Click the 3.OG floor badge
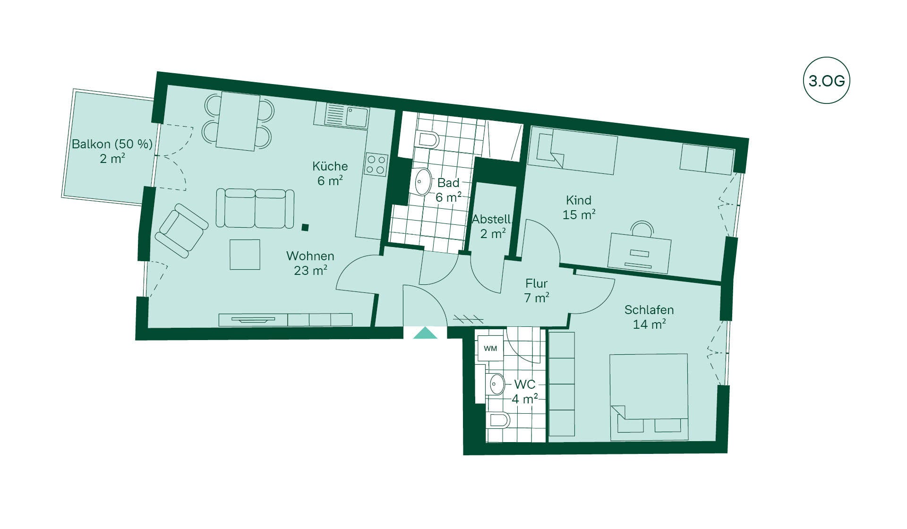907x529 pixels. point(826,81)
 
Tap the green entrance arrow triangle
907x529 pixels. point(425,333)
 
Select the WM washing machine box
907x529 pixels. point(490,349)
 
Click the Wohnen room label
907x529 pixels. point(310,256)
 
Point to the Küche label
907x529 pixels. point(330,166)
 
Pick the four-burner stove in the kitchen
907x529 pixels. point(376,165)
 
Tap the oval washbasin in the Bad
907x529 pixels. point(423,182)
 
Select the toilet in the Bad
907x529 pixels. point(428,139)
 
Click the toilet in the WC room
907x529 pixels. point(498,420)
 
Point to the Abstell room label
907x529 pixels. point(491,219)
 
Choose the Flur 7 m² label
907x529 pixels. point(537,290)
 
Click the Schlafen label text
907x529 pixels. point(649,310)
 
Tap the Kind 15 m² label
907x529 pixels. point(579,207)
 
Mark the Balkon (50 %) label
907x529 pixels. point(112,144)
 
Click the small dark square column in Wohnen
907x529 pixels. point(305,228)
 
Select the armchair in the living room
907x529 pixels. point(182,230)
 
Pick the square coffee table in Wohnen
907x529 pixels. point(245,255)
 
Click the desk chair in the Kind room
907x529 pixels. point(642,228)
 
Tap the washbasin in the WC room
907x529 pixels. point(496,384)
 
